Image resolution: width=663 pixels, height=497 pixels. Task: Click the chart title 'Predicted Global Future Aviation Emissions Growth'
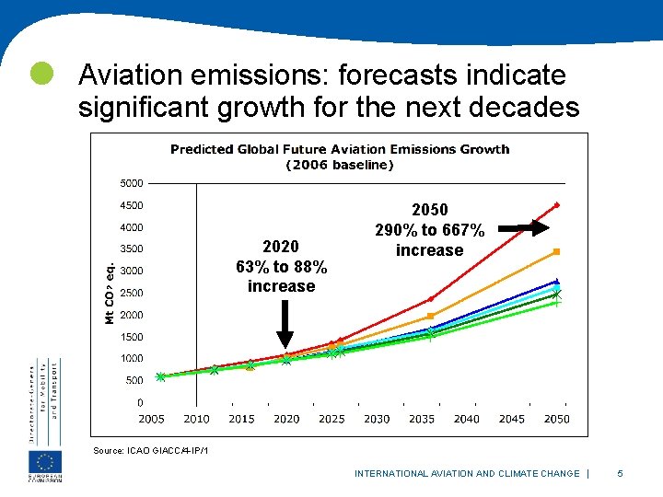pyautogui.click(x=340, y=149)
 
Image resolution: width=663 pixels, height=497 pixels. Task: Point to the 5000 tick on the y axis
pyautogui.click(x=134, y=183)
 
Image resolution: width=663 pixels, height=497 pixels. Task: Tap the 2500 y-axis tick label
pyautogui.click(x=134, y=293)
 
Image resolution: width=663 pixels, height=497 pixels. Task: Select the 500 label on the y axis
pyautogui.click(x=134, y=380)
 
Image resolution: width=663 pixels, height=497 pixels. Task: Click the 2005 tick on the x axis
pyautogui.click(x=152, y=419)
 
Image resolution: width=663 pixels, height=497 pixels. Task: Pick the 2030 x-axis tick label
pyautogui.click(x=377, y=419)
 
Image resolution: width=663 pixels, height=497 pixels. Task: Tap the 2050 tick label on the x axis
pyautogui.click(x=557, y=419)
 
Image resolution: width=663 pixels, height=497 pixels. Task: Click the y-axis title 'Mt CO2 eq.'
pyautogui.click(x=110, y=293)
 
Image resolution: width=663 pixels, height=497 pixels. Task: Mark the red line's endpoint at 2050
pyautogui.click(x=557, y=204)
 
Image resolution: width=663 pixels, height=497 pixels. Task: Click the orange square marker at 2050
pyautogui.click(x=557, y=251)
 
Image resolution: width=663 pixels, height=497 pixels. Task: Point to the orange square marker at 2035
pyautogui.click(x=430, y=316)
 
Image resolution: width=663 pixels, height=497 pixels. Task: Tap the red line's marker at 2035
pyautogui.click(x=430, y=299)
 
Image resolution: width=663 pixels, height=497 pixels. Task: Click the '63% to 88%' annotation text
pyautogui.click(x=281, y=267)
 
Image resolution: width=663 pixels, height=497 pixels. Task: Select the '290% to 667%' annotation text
pyautogui.click(x=429, y=230)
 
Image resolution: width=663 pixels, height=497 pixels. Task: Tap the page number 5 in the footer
pyautogui.click(x=620, y=473)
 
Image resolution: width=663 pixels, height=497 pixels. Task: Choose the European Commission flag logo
pyautogui.click(x=45, y=463)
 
